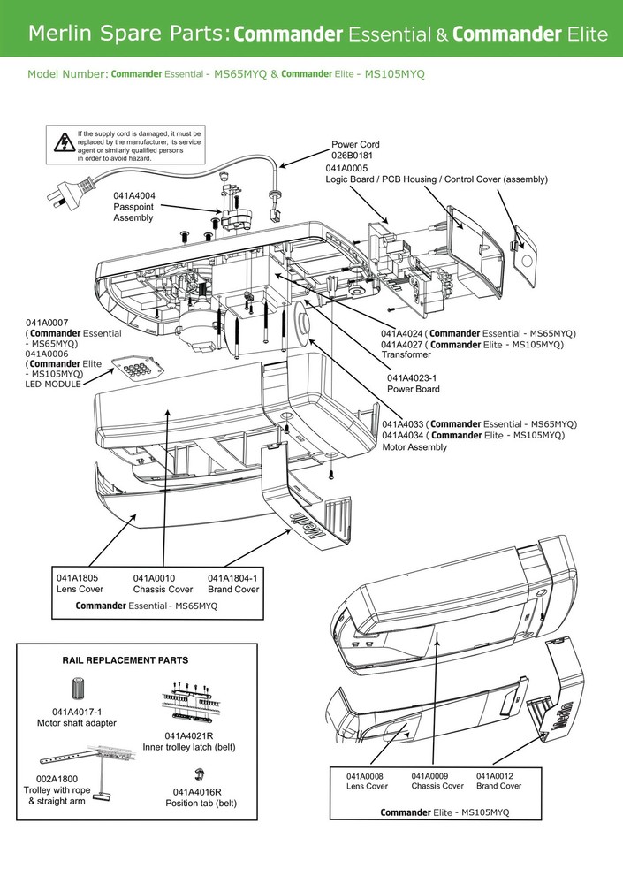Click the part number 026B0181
tap(351, 156)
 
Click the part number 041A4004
tap(134, 195)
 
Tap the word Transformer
tap(406, 354)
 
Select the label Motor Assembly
tap(415, 447)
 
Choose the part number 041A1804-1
tap(233, 578)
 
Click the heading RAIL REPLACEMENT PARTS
tap(125, 660)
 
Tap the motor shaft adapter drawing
tap(78, 690)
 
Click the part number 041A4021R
tap(189, 735)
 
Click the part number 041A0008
tap(366, 775)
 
